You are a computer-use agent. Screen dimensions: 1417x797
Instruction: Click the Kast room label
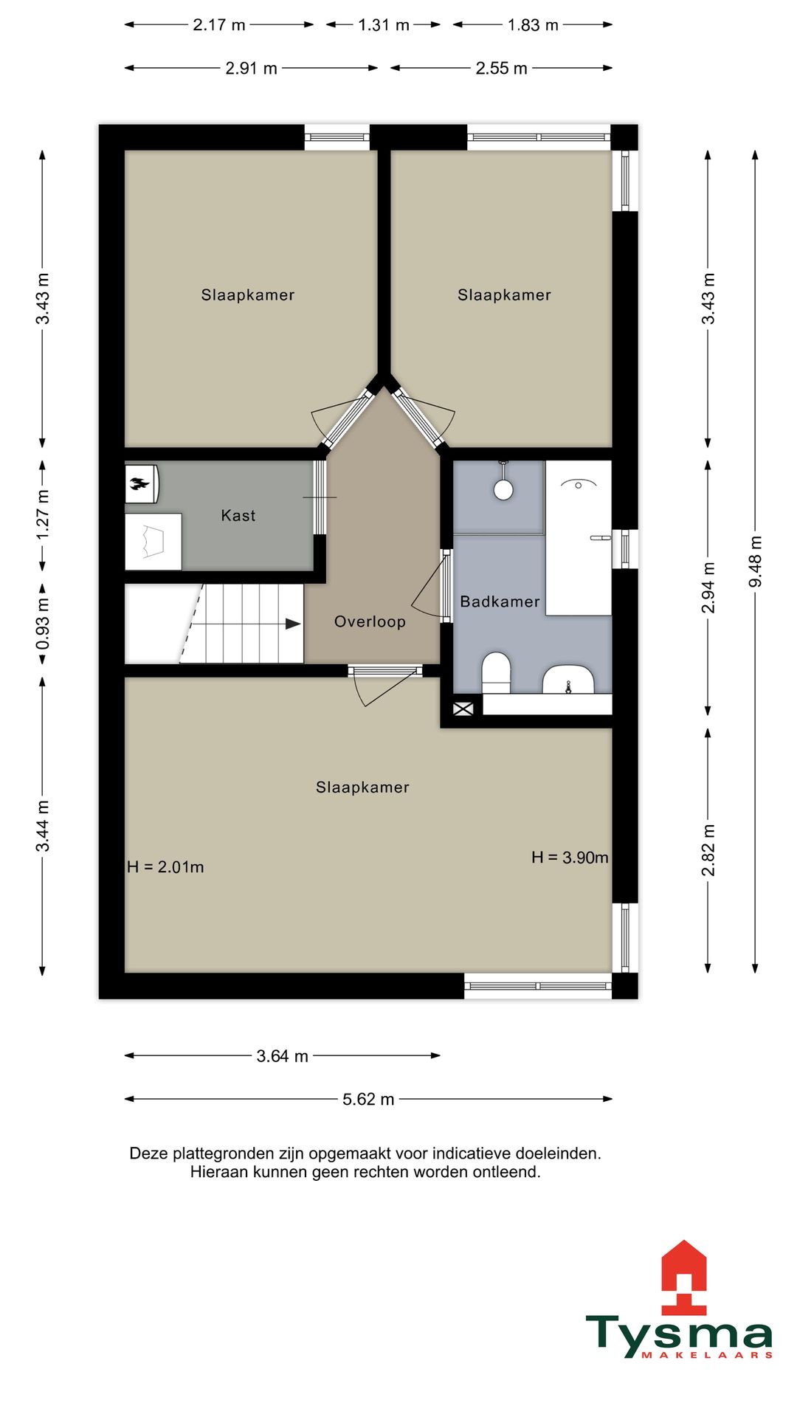click(238, 515)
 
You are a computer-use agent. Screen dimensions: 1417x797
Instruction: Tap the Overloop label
click(370, 621)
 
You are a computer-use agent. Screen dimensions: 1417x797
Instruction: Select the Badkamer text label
click(500, 601)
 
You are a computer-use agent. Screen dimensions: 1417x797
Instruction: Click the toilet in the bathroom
click(496, 672)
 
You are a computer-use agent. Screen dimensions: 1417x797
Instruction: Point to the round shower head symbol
click(503, 489)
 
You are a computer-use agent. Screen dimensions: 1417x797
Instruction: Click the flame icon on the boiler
click(138, 484)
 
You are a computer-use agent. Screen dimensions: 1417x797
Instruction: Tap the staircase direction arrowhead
click(293, 624)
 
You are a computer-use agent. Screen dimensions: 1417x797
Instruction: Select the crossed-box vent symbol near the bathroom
click(463, 708)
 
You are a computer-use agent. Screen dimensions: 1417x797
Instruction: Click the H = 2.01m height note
click(165, 867)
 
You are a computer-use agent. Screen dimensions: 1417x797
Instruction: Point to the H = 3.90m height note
click(570, 858)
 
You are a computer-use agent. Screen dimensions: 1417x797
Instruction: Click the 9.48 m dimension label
click(755, 562)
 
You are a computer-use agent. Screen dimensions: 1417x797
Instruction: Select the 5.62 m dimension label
click(368, 1099)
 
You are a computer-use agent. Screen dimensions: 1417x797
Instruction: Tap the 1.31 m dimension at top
click(384, 25)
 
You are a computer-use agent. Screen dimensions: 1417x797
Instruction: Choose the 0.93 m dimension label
click(43, 624)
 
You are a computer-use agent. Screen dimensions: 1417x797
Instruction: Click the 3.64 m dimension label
click(283, 1056)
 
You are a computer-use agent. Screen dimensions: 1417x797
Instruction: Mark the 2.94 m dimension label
click(708, 587)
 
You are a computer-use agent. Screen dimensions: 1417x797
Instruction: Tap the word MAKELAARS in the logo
click(706, 1355)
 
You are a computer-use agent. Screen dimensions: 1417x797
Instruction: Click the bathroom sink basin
click(568, 679)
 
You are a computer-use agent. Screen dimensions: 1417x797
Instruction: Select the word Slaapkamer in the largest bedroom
click(362, 787)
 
